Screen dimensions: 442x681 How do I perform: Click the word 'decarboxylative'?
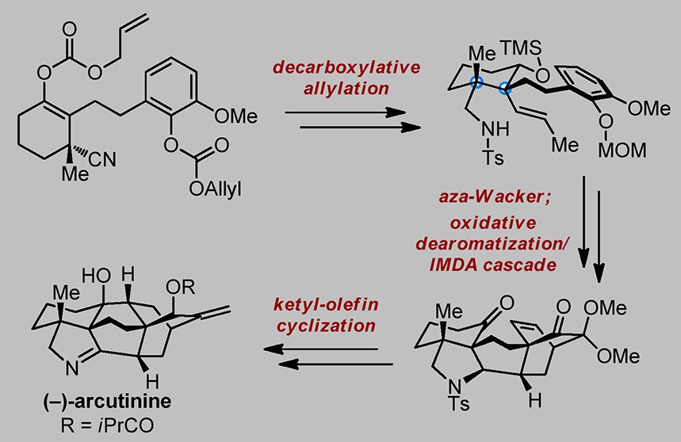(x=347, y=67)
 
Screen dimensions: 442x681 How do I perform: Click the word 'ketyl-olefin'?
(x=333, y=303)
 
